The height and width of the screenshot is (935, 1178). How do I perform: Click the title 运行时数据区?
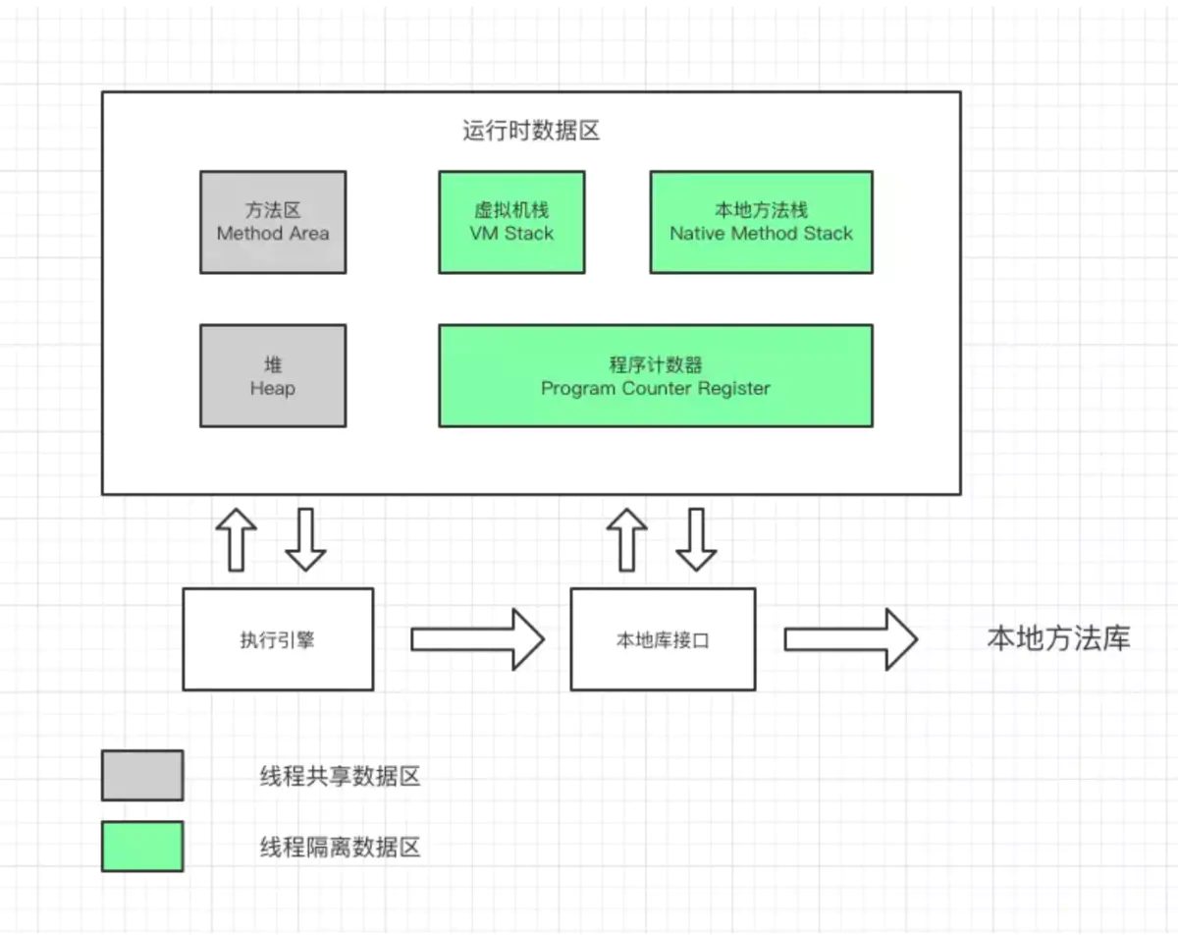530,132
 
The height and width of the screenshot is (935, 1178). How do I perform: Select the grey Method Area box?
273,222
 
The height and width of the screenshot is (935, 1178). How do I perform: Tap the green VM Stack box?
511,222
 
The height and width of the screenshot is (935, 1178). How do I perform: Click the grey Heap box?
273,376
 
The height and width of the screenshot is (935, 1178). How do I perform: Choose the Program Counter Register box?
655,376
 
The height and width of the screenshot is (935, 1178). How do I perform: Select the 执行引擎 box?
278,639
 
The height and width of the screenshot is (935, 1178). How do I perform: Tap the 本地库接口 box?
663,639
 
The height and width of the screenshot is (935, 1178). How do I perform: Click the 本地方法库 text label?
1058,639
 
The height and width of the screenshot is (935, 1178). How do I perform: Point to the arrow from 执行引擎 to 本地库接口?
477,639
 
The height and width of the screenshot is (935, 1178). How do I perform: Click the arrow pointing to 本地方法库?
850,639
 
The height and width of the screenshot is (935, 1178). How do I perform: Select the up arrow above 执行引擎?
237,539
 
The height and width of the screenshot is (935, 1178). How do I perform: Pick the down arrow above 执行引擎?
305,539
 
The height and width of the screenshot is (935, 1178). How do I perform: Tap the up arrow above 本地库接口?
627,539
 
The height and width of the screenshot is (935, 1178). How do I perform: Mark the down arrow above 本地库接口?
697,539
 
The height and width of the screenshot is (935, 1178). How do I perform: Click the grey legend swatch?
142,776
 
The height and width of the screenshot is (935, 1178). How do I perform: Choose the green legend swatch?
142,847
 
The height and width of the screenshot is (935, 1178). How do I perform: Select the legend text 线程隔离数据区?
340,847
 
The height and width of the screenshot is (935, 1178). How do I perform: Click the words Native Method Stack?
761,234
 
